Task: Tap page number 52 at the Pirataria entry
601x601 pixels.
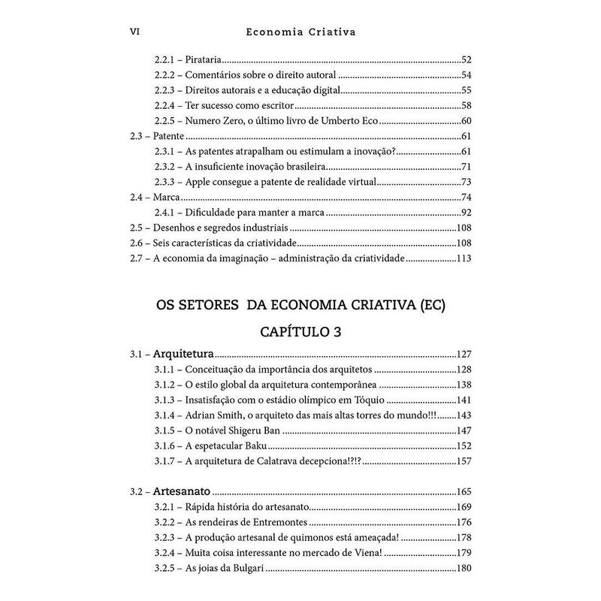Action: point(464,59)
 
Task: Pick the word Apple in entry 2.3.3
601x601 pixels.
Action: point(197,183)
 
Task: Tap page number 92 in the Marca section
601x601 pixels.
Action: point(464,213)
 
